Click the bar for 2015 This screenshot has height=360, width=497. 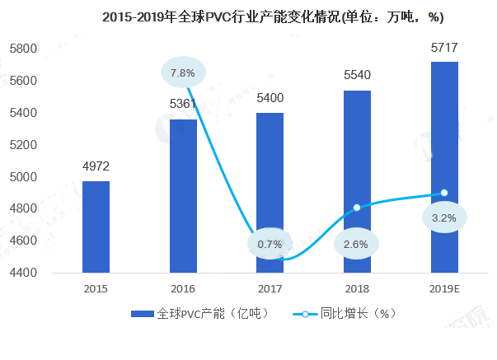[96, 227]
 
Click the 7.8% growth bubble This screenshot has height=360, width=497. [182, 73]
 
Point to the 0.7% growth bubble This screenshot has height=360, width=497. [270, 244]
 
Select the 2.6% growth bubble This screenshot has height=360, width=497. [357, 244]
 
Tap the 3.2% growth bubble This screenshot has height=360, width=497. [443, 218]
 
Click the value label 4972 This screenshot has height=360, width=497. [96, 167]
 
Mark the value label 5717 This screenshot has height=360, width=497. [444, 48]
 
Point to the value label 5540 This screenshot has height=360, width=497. [357, 77]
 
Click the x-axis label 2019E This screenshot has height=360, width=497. [444, 290]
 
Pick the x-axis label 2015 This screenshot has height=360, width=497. [96, 290]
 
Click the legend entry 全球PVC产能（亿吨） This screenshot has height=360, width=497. [203, 315]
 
